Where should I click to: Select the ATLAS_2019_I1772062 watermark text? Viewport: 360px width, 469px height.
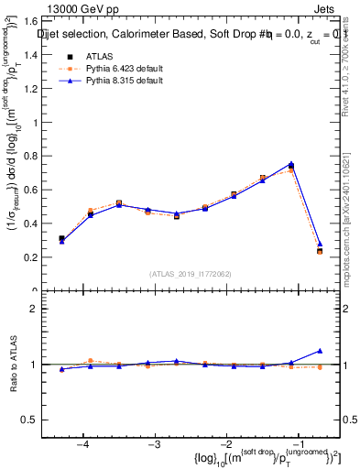191,273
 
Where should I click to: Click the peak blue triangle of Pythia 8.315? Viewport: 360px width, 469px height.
290,164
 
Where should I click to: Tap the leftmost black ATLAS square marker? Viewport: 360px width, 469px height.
61,238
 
